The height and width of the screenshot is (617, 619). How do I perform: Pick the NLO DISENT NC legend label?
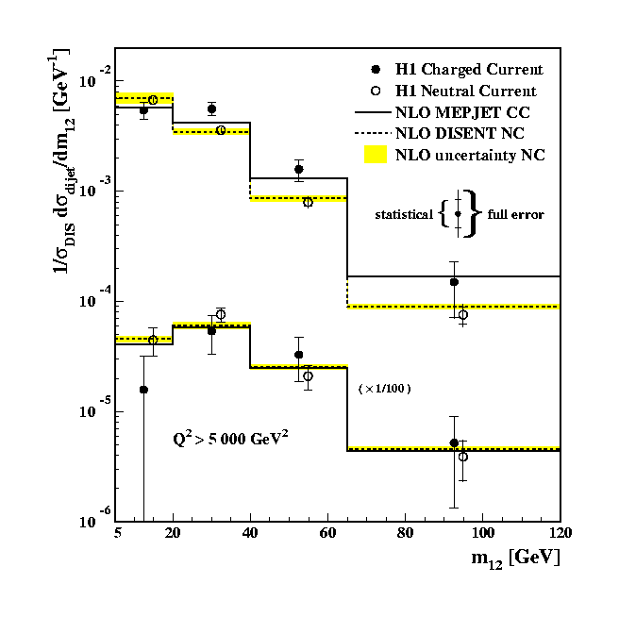460,133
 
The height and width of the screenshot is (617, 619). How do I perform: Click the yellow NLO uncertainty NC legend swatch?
376,154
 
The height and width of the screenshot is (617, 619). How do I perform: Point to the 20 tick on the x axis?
175,533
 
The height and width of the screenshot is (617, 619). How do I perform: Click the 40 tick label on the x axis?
250,533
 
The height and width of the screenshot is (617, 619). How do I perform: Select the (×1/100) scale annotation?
384,388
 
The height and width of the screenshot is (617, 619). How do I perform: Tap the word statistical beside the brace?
403,215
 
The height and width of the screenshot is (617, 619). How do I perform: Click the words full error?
515,215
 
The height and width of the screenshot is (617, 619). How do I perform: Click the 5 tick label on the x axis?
117,533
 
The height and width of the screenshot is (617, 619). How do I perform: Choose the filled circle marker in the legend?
376,70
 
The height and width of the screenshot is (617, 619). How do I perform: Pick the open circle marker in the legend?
376,92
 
